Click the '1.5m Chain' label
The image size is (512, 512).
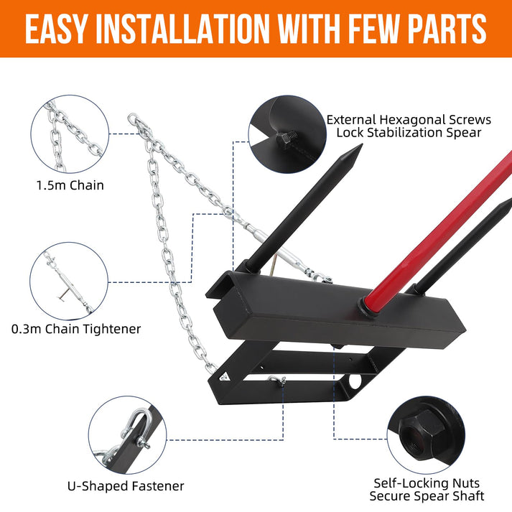70,185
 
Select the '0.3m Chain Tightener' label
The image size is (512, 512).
76,329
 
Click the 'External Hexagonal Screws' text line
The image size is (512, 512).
409,119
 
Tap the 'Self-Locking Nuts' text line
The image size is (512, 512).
427,483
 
